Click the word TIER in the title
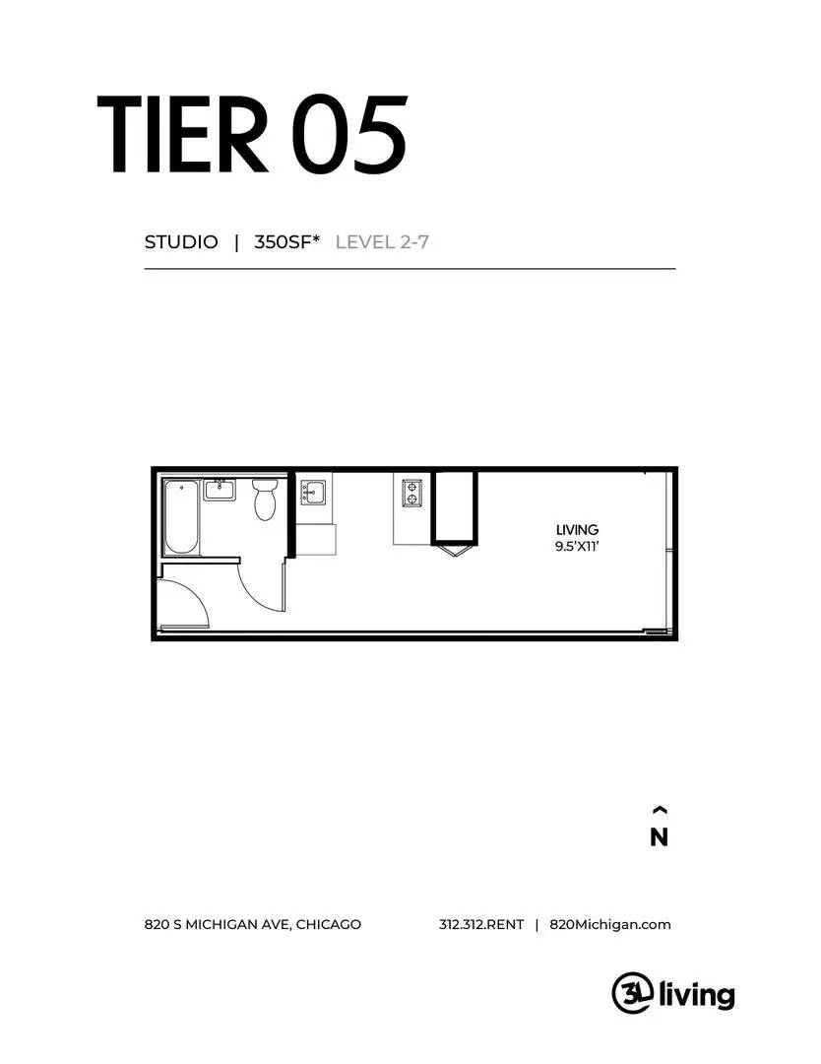pos(182,135)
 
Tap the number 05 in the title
pos(348,135)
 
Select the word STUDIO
pos(181,242)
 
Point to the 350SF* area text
pos(287,242)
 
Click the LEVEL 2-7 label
pos(382,242)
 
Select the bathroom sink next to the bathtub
pos(220,489)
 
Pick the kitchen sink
pos(313,490)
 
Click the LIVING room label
pos(577,530)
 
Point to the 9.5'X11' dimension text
pos(577,546)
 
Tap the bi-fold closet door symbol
pos(454,549)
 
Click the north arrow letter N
pos(660,838)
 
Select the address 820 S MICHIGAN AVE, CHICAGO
pos(252,924)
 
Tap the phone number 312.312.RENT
pos(481,924)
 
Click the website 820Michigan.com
pos(610,924)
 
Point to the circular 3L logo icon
pos(631,990)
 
